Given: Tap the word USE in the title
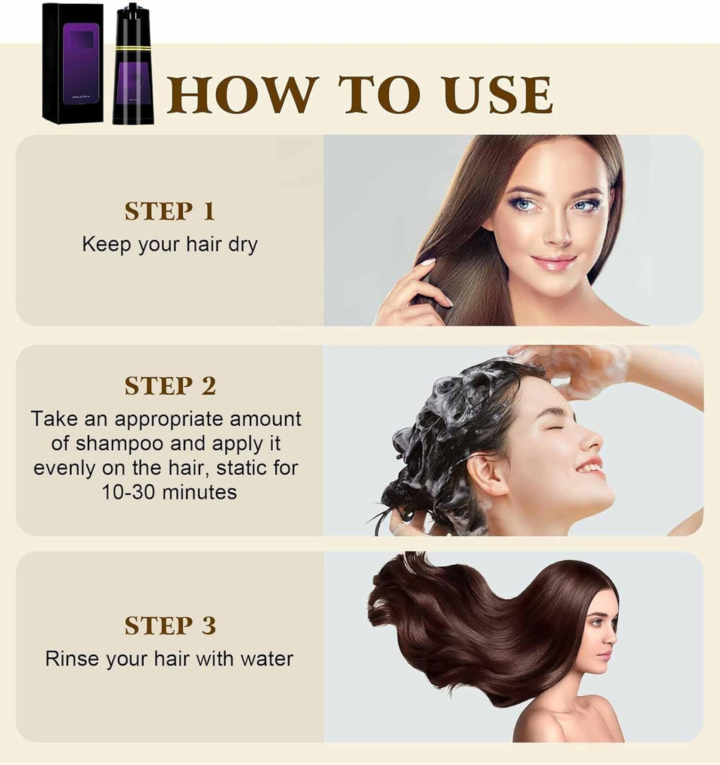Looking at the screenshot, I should coord(497,95).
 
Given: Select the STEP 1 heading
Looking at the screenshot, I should coord(169,211).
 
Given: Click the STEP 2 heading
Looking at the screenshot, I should coord(169,385).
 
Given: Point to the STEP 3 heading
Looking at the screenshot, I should coord(169,625).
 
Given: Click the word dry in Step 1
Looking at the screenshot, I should coord(243,244).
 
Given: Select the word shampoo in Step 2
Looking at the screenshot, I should coord(115,442).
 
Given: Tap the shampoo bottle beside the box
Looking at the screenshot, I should coord(133,71).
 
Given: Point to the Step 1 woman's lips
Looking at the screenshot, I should coord(554,262).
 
